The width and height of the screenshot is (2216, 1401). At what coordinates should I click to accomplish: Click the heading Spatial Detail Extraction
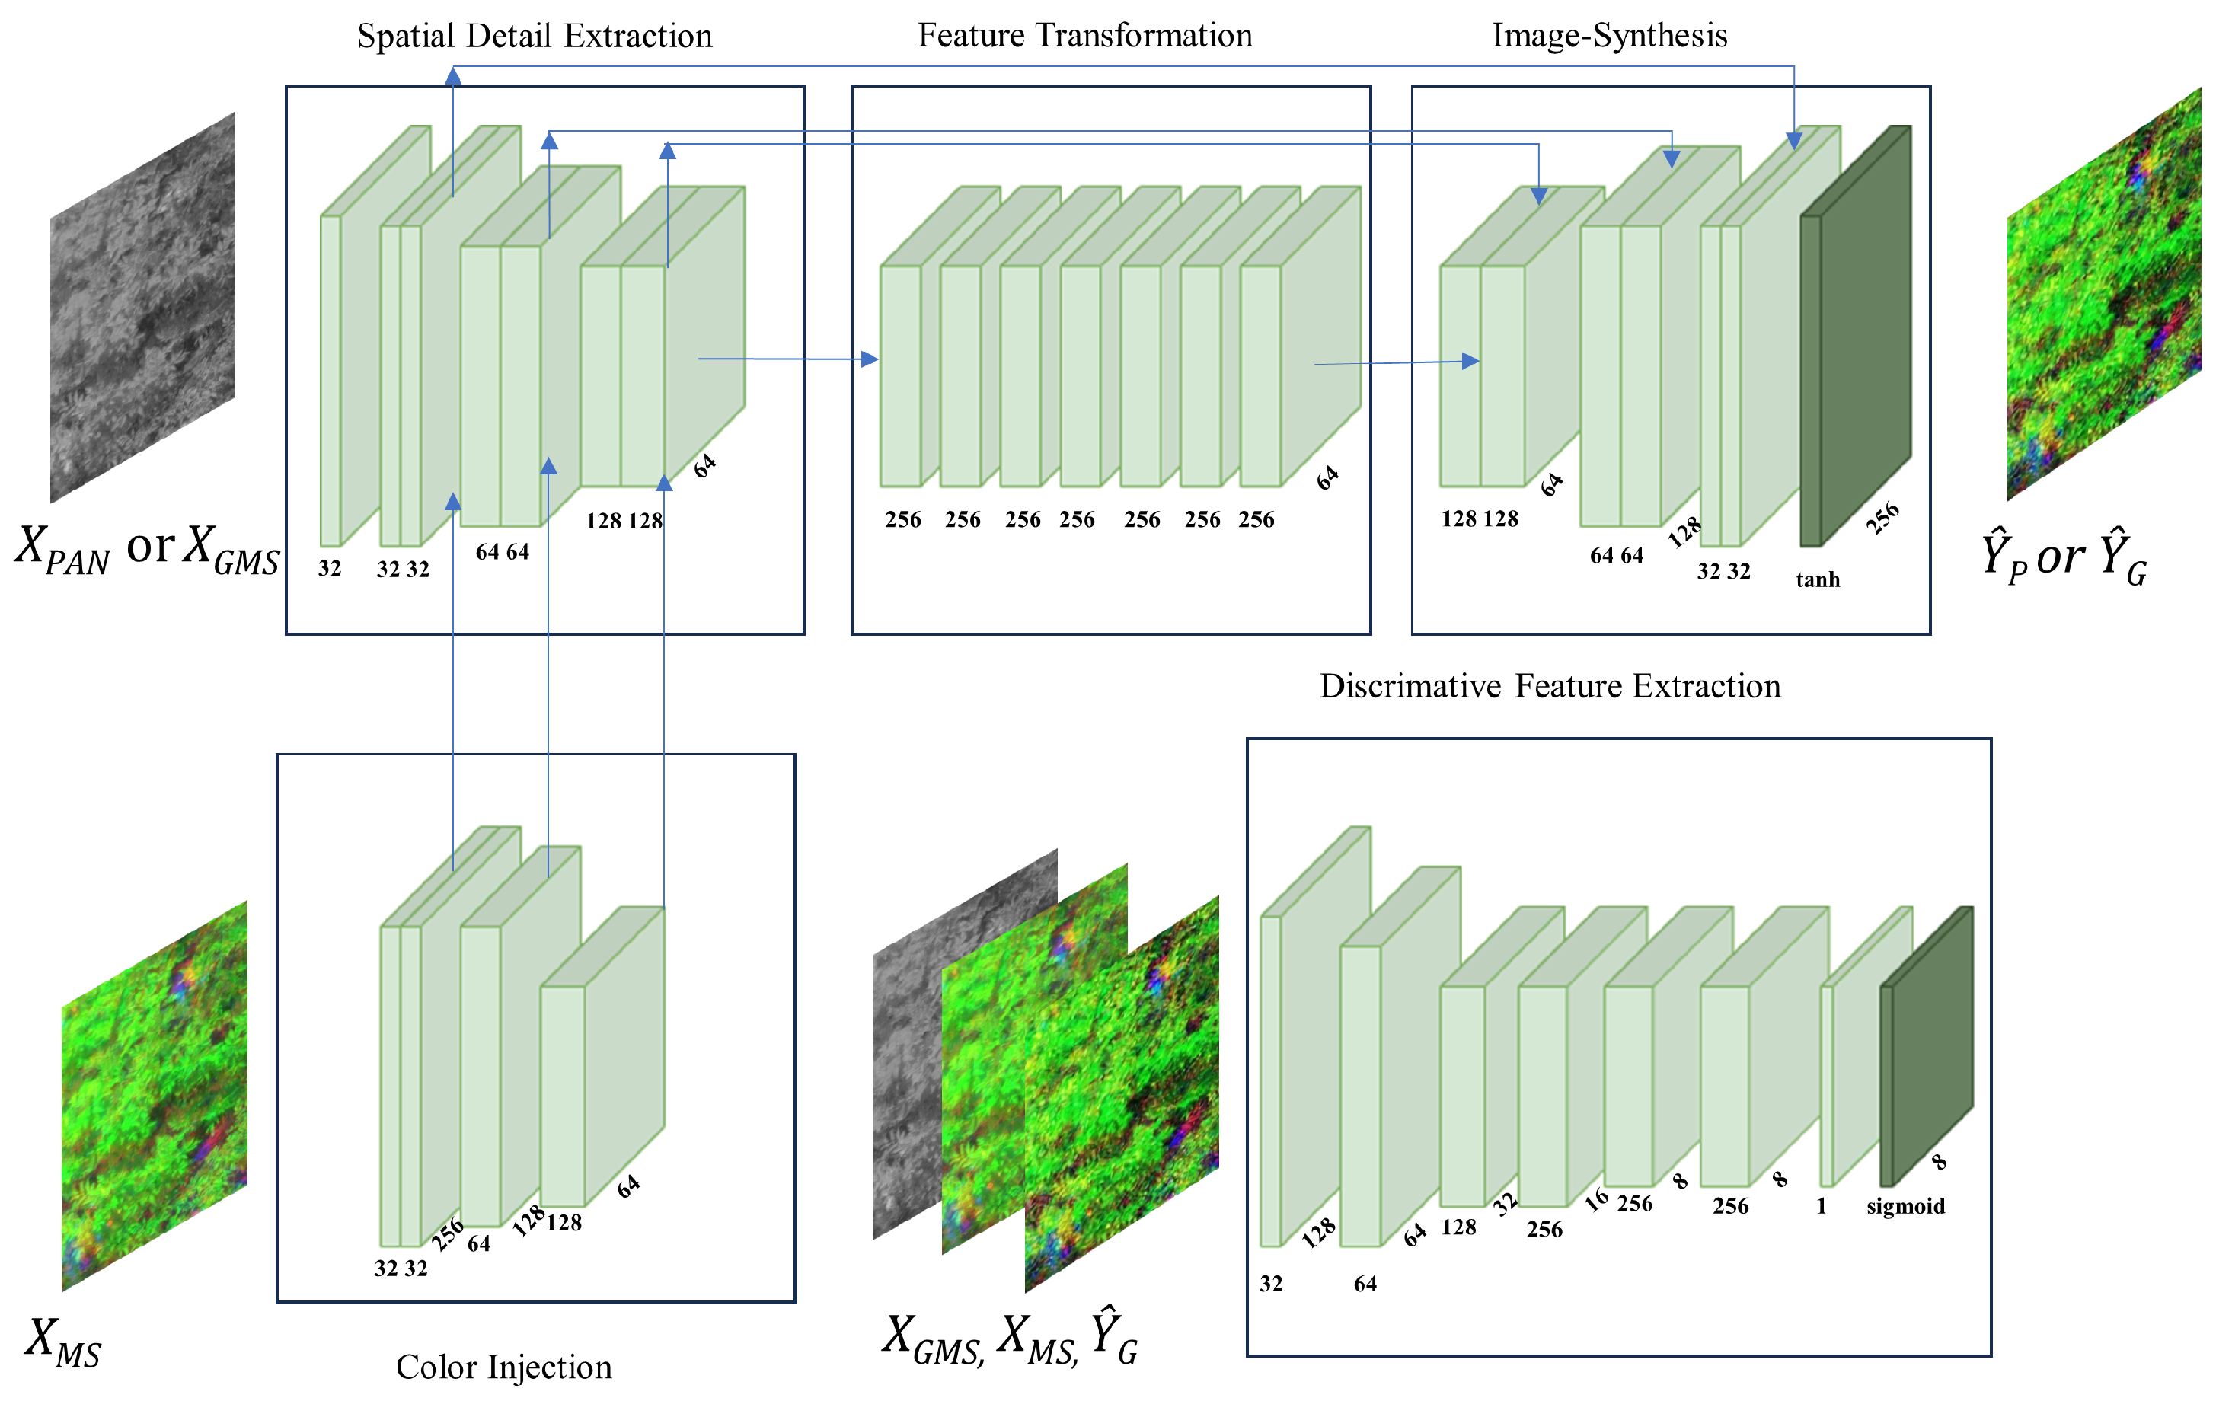coord(535,37)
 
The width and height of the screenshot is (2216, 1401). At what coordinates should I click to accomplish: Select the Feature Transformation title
coord(1085,36)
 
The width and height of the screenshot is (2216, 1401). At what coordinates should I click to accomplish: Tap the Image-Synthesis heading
coord(1610,36)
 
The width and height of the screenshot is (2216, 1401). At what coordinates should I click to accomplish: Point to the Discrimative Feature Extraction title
coord(1550,686)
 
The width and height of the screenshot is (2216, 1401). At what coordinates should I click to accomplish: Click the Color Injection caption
coord(503,1367)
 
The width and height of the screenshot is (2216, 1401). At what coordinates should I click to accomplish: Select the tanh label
coord(1818,579)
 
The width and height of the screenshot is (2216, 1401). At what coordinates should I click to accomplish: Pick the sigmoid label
coord(1905,1206)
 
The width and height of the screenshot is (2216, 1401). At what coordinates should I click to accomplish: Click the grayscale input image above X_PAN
coord(142,308)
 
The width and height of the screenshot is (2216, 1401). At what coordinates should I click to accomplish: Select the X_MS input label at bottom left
coord(62,1343)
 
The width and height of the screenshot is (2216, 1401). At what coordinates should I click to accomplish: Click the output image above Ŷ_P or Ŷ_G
coord(2104,295)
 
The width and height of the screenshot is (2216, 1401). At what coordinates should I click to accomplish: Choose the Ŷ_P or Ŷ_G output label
coord(2063,557)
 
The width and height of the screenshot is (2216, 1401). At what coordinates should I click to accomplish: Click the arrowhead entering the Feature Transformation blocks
coord(870,359)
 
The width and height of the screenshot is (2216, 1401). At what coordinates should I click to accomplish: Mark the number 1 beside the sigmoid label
coord(1822,1206)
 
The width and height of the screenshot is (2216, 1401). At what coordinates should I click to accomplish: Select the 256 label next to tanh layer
coord(1882,518)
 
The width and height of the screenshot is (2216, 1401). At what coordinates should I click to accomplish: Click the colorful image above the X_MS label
coord(154,1095)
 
